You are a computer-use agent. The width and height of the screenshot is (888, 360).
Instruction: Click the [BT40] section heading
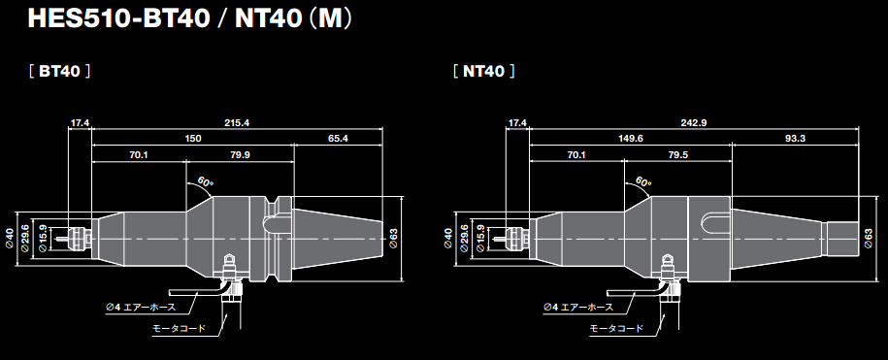coord(60,72)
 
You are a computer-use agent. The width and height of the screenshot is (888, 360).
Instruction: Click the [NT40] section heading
coord(483,72)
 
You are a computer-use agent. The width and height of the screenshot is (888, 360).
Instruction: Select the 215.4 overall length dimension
coord(237,123)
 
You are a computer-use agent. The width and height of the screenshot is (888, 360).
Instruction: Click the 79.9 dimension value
coord(240,155)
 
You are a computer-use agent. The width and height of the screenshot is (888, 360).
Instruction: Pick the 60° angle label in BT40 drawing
coord(205,181)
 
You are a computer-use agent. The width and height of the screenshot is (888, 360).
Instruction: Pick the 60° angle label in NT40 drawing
coord(643,181)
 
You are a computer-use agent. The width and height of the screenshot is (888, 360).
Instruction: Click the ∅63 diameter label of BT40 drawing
coord(394,236)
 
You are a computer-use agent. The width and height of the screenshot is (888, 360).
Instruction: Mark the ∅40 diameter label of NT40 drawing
coord(447,237)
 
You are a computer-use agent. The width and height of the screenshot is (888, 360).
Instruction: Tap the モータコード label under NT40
coord(615,329)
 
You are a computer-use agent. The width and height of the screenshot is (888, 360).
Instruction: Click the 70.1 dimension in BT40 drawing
coord(138,155)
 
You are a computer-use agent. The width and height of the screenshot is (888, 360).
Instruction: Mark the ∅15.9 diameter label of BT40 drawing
coord(42,237)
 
